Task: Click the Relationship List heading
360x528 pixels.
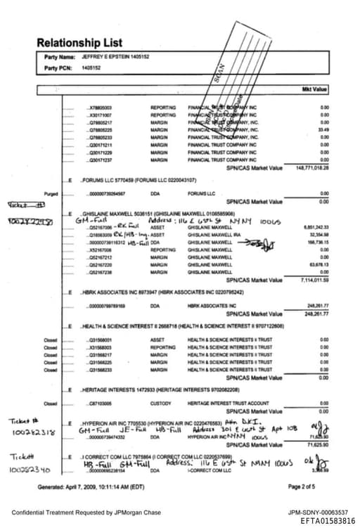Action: (x=79, y=43)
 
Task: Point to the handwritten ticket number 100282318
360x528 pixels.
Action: (x=33, y=432)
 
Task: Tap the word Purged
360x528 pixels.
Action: (x=50, y=193)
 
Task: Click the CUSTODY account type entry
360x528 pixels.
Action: (x=160, y=404)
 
